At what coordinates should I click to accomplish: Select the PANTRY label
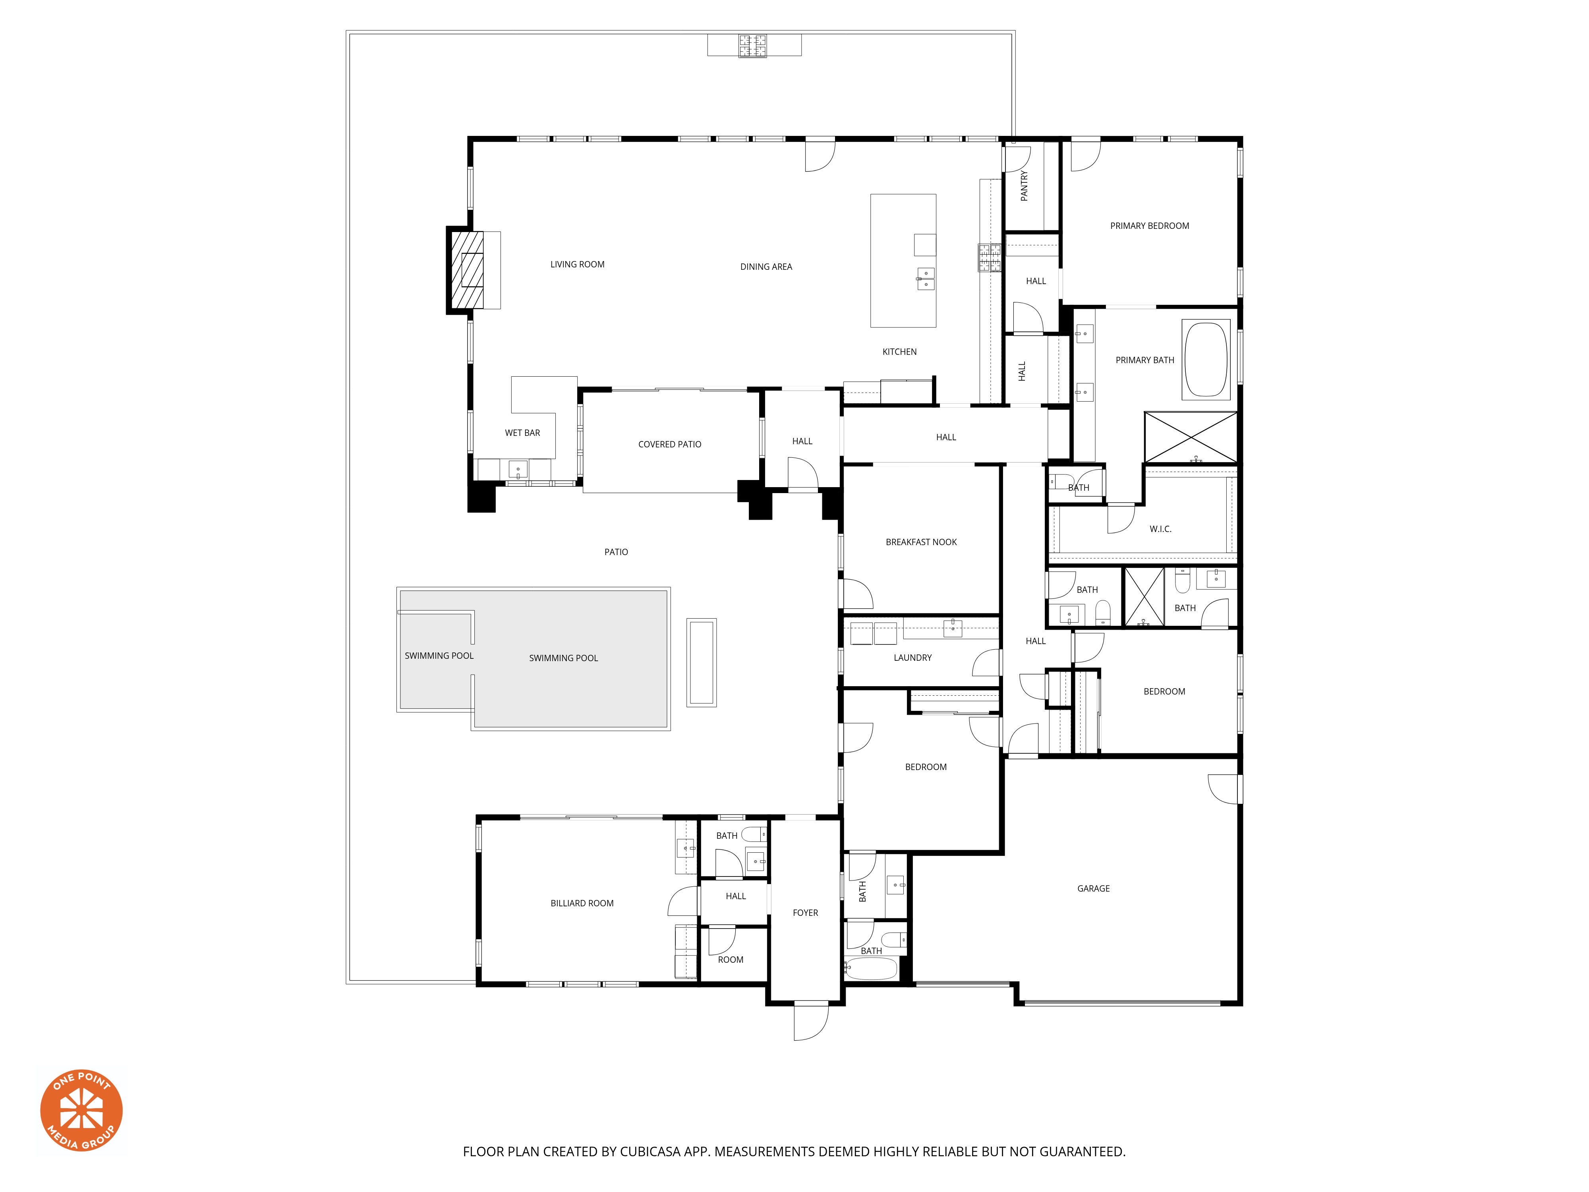click(1024, 186)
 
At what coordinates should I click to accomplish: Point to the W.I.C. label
click(1160, 529)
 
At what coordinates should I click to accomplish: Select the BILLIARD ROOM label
click(582, 903)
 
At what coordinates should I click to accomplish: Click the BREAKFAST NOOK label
click(921, 542)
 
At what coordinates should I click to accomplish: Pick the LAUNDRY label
click(912, 658)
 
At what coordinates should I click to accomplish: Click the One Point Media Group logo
click(81, 1110)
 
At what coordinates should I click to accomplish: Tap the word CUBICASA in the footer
click(650, 1152)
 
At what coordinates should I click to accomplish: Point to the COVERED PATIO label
click(669, 444)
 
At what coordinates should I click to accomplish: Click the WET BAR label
click(522, 433)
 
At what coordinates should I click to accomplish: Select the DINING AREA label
click(766, 267)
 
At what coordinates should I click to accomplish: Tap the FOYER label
click(805, 913)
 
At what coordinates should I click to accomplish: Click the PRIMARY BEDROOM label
click(1149, 226)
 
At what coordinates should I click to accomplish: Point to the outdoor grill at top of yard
click(753, 45)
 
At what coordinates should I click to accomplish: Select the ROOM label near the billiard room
click(731, 959)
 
